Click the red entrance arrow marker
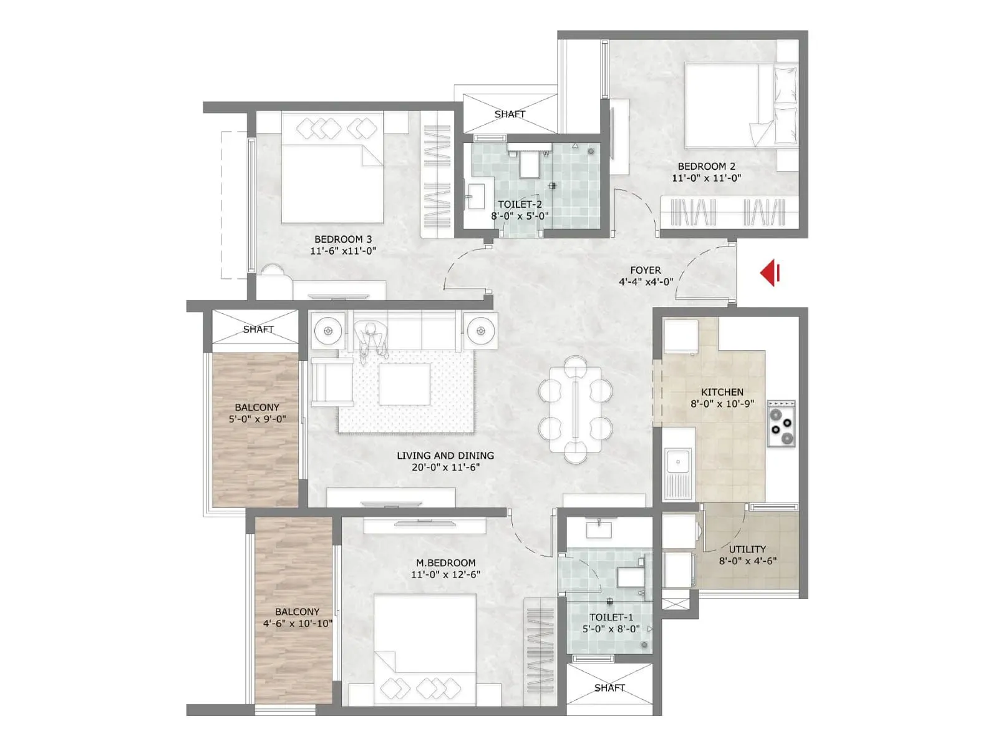770,273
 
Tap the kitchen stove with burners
781,424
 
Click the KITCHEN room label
722,392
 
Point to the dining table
575,409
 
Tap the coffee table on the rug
404,384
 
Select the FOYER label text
646,270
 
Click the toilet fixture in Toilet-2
529,163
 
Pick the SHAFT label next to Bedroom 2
510,114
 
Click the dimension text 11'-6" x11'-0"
343,251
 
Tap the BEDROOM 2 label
706,166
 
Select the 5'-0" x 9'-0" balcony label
257,419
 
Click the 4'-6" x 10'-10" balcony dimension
298,623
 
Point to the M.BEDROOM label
445,562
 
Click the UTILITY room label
747,549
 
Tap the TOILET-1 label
611,617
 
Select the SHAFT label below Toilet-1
609,688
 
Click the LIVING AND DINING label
445,456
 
